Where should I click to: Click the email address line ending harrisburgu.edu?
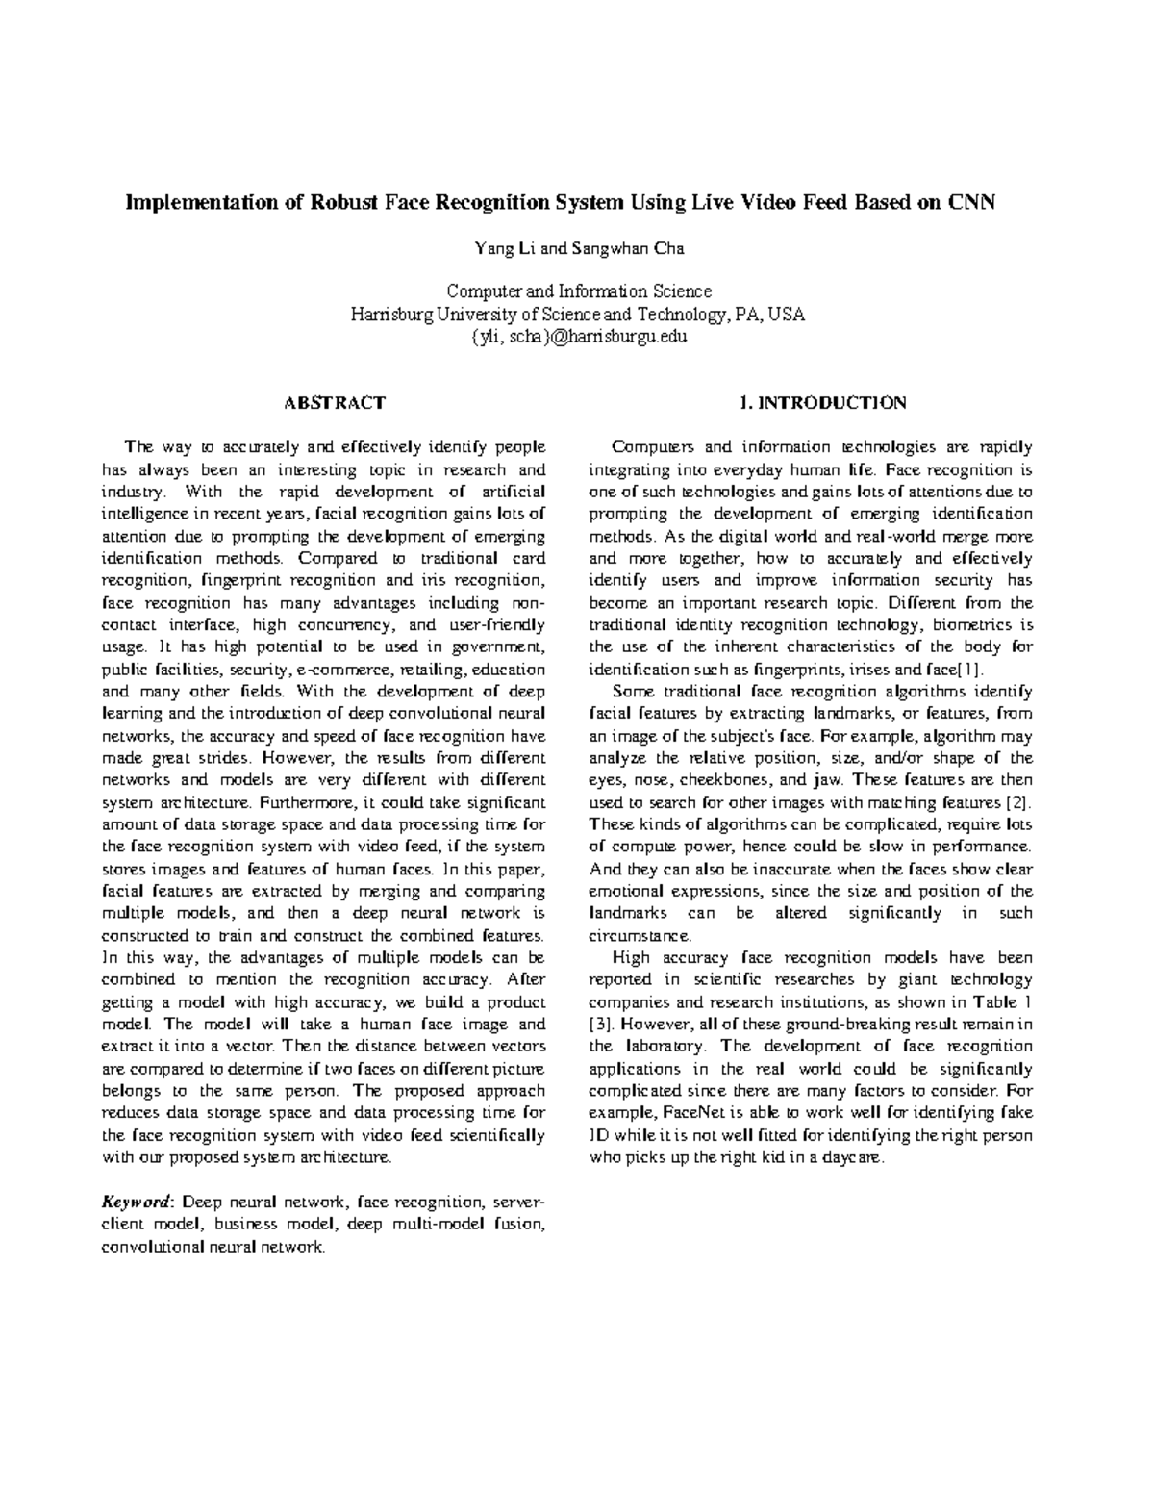pos(578,337)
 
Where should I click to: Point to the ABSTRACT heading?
pos(336,402)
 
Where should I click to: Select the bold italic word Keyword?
pos(137,1202)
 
